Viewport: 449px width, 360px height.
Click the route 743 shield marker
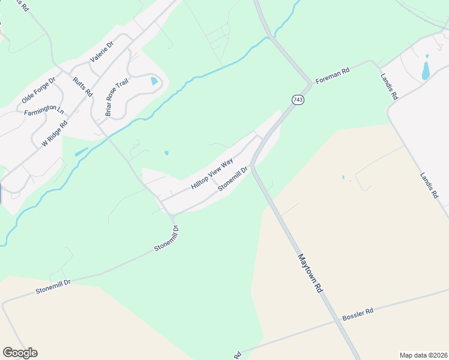pos(298,99)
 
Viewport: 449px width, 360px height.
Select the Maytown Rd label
pos(310,272)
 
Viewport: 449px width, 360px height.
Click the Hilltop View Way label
pos(212,175)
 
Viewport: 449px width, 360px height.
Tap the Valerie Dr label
pos(101,52)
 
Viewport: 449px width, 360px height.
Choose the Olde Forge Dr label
pos(38,89)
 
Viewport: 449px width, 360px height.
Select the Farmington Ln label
pos(44,111)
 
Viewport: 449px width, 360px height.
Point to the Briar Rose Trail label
pos(116,97)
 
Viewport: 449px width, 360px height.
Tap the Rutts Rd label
pos(82,87)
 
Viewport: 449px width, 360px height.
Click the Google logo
pos(20,353)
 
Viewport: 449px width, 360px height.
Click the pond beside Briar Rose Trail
pos(154,80)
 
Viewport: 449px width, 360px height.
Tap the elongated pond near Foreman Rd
pos(426,68)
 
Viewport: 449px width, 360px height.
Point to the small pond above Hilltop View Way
pos(166,153)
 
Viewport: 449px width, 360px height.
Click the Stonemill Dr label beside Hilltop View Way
pos(233,178)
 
